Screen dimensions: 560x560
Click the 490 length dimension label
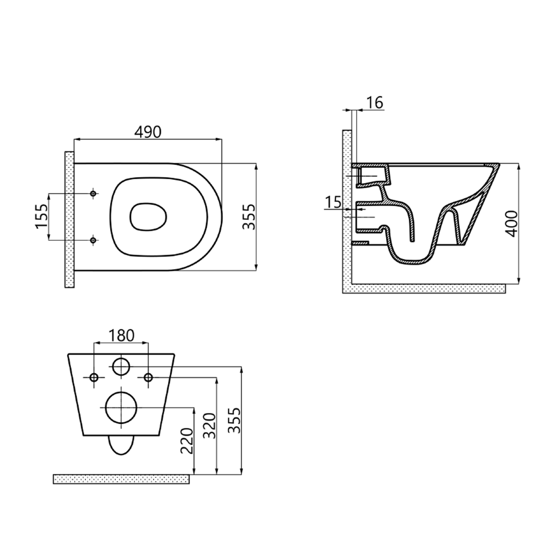click(x=147, y=132)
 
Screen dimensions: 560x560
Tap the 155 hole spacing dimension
click(x=42, y=217)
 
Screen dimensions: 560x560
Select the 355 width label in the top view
click(x=249, y=217)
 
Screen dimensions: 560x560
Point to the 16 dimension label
click(x=375, y=102)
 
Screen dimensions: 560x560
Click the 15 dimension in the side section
click(x=333, y=202)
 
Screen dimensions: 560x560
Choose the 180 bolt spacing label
click(x=121, y=336)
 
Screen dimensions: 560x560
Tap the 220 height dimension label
click(x=187, y=441)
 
